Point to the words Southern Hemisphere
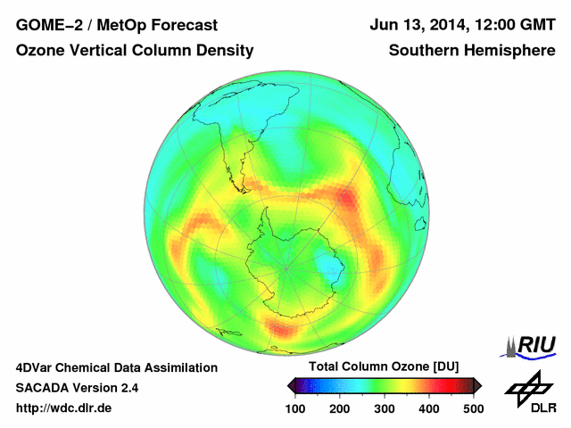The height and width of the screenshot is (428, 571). coord(472,51)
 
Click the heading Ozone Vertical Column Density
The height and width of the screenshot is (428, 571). coord(135,51)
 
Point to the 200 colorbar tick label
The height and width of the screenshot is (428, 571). coord(339,408)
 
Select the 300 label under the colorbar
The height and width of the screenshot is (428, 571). coord(384,408)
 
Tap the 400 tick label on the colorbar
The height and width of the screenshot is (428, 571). coord(428,408)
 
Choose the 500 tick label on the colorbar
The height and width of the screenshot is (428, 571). coord(473,408)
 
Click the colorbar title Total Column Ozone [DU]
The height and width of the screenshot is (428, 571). coord(384,367)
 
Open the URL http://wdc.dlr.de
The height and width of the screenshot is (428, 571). coord(64,408)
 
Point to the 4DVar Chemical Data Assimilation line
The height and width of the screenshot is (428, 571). coord(116,367)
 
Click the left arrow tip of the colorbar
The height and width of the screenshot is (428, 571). coord(289,385)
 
